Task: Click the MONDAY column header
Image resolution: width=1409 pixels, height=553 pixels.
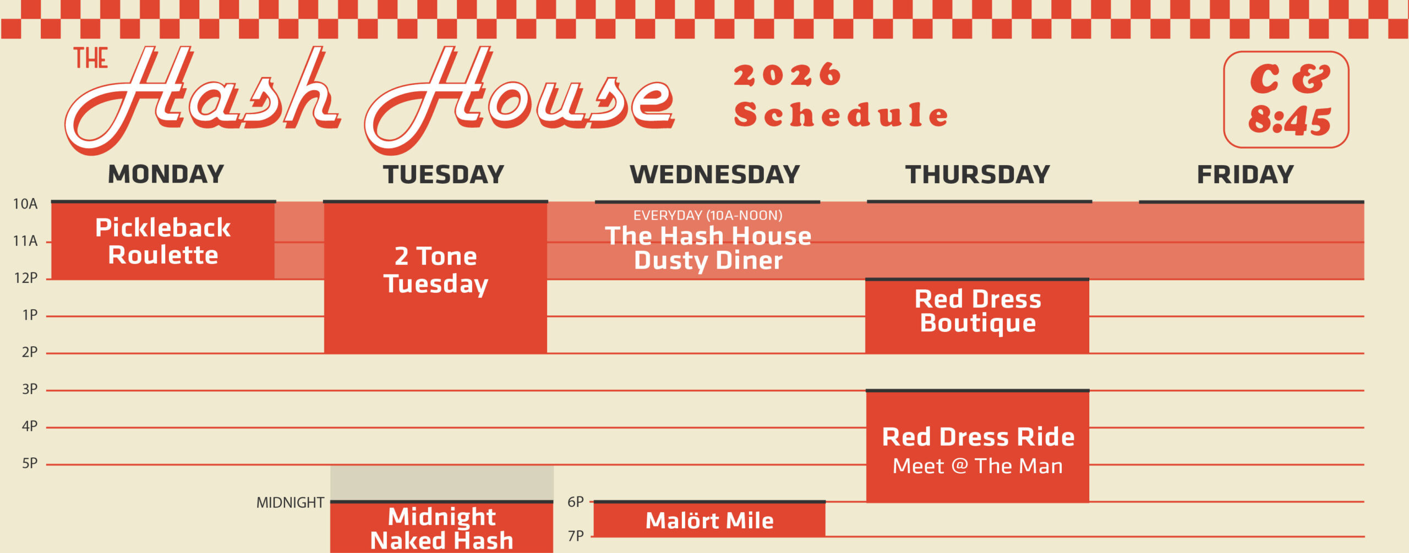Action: [166, 174]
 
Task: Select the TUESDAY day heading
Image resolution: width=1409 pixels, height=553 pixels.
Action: [444, 174]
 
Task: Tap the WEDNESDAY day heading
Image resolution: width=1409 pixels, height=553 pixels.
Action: [714, 174]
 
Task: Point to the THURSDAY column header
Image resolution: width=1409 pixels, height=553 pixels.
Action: [977, 174]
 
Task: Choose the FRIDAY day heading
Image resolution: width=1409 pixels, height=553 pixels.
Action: [1245, 174]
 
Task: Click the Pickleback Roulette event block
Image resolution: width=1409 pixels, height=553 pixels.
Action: [163, 241]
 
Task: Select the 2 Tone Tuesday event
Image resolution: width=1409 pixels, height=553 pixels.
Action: [435, 278]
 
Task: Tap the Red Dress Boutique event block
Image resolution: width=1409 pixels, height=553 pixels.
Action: [977, 316]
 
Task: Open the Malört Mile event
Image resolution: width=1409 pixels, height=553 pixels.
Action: [709, 520]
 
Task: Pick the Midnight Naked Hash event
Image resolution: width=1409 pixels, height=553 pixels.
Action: [441, 528]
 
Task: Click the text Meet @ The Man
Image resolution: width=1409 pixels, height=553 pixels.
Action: [977, 466]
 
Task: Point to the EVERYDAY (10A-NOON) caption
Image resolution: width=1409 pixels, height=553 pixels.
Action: [708, 215]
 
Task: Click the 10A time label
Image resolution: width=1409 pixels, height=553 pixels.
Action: [25, 204]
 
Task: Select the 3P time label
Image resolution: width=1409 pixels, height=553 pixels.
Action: [30, 390]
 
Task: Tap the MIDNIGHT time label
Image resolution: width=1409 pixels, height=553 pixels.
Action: [290, 502]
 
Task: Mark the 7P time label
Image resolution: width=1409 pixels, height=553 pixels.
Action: [576, 536]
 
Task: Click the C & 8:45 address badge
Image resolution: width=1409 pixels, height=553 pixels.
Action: [1286, 100]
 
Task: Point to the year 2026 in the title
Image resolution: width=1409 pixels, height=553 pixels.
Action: [787, 75]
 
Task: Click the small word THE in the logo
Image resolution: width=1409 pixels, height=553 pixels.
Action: [91, 58]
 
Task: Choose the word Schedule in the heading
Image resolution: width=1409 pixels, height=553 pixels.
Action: [841, 114]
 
